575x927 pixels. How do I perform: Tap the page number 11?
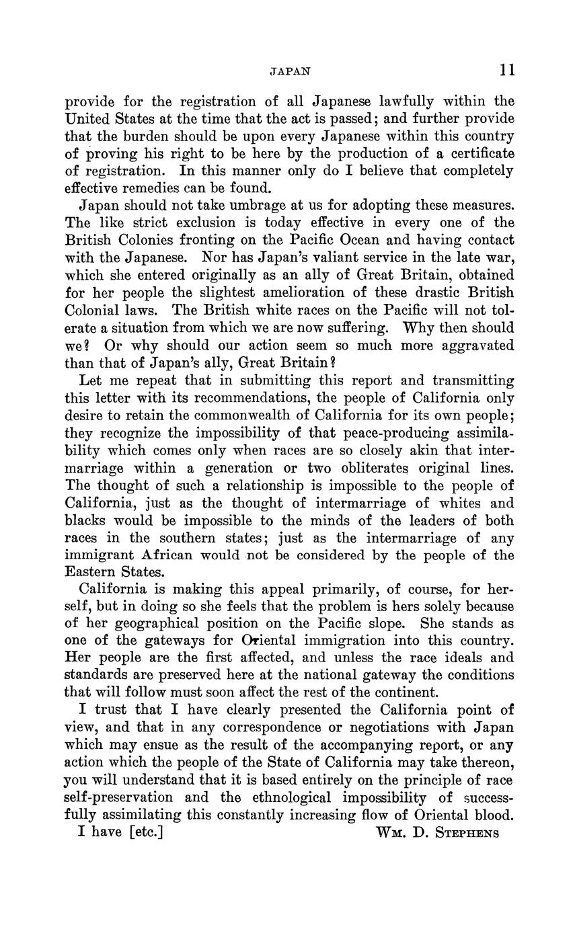[506, 69]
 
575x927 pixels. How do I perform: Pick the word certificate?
[477, 153]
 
